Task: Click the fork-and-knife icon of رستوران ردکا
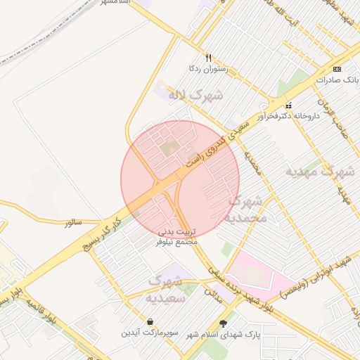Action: (208, 58)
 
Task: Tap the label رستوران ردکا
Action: (203, 69)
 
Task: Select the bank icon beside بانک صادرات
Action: (337, 69)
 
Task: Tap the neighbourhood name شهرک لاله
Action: (198, 94)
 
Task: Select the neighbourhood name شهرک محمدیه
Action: (244, 209)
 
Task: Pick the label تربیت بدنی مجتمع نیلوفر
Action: (177, 236)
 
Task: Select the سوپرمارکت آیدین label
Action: (145, 333)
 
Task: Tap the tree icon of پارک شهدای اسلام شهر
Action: (224, 324)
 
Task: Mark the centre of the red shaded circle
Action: (180, 180)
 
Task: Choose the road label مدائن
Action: (212, 295)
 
